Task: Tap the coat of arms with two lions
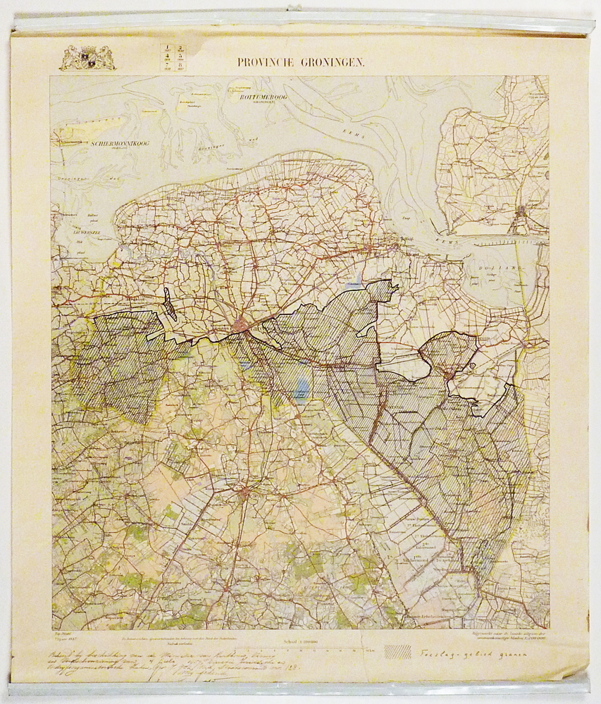point(87,58)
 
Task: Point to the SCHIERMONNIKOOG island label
point(118,144)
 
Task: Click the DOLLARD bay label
point(502,268)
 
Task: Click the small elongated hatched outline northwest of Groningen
point(170,304)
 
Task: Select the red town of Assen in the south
point(244,492)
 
